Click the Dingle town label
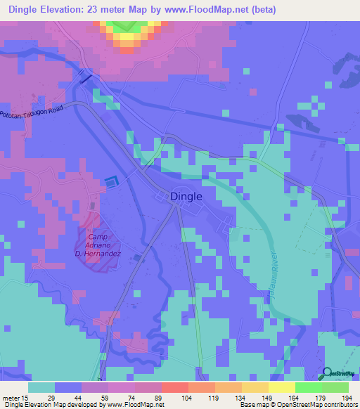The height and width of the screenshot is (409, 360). point(186,197)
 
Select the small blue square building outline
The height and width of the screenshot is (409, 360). point(110,182)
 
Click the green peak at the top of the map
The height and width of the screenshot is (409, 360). point(127,25)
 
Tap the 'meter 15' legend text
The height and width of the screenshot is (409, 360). point(15,397)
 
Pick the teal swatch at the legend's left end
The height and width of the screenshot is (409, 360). point(41,387)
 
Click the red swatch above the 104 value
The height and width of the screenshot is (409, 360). point(174,387)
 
